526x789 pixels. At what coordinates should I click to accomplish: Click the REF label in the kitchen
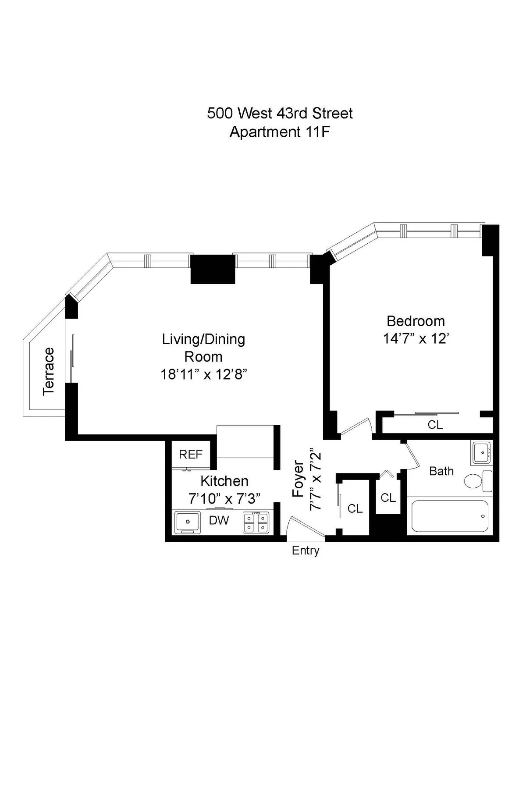(191, 455)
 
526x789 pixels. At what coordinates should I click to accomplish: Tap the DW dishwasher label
(219, 520)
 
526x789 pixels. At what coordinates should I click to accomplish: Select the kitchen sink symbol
(188, 522)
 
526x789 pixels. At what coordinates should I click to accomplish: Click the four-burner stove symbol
(256, 522)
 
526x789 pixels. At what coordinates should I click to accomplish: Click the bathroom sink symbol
(483, 452)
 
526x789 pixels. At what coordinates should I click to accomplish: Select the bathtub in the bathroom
(450, 517)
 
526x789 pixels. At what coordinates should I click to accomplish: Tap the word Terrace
(49, 372)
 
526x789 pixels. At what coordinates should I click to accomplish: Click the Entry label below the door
(306, 551)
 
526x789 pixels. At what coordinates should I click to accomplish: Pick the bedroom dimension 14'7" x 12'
(416, 339)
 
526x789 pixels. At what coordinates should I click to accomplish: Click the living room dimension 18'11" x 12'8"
(204, 374)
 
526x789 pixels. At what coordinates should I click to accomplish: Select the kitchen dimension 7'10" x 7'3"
(224, 499)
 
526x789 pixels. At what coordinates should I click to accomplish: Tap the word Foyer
(299, 479)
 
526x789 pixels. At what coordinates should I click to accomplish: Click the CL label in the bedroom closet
(435, 425)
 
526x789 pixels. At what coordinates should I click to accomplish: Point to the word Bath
(441, 471)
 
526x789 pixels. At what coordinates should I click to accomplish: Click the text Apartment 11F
(279, 132)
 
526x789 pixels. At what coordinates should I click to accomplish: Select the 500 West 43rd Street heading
(280, 114)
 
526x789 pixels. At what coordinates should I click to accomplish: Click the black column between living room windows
(213, 269)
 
